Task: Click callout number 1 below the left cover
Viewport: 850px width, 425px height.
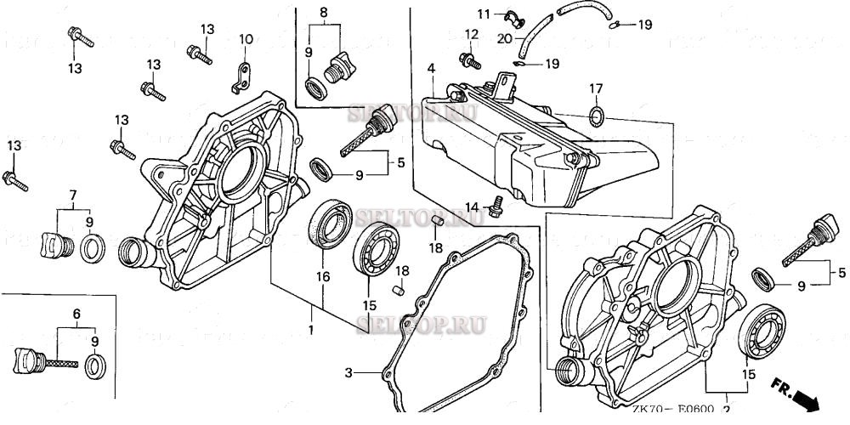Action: [311, 329]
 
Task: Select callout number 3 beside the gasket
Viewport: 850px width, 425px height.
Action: [348, 372]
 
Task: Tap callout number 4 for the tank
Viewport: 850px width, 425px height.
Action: [432, 68]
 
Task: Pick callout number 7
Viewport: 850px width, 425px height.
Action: [73, 195]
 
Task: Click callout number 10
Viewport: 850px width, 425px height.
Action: [246, 39]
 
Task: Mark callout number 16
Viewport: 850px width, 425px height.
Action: [323, 275]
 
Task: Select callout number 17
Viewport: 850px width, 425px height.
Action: [596, 88]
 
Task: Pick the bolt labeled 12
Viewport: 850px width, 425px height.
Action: [467, 59]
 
